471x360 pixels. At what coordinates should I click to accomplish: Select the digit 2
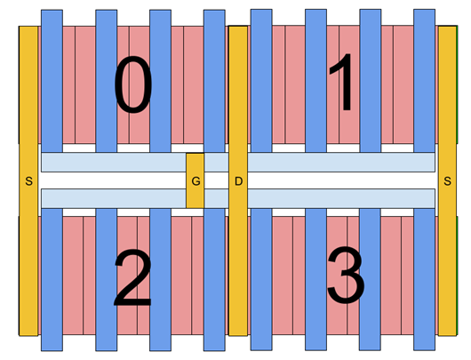(x=132, y=279)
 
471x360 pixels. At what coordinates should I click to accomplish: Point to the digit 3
(x=345, y=277)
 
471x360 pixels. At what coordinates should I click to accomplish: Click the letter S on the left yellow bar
(x=28, y=181)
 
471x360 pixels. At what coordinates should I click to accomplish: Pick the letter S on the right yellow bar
(x=447, y=181)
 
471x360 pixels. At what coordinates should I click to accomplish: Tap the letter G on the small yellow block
(x=196, y=181)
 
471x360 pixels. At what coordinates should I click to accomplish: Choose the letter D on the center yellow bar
(x=238, y=181)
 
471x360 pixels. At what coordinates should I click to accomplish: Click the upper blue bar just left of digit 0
(x=106, y=80)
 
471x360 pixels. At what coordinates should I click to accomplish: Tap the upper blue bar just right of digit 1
(x=370, y=80)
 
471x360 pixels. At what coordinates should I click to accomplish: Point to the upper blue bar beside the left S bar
(x=52, y=80)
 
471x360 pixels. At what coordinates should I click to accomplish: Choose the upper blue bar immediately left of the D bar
(x=214, y=80)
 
